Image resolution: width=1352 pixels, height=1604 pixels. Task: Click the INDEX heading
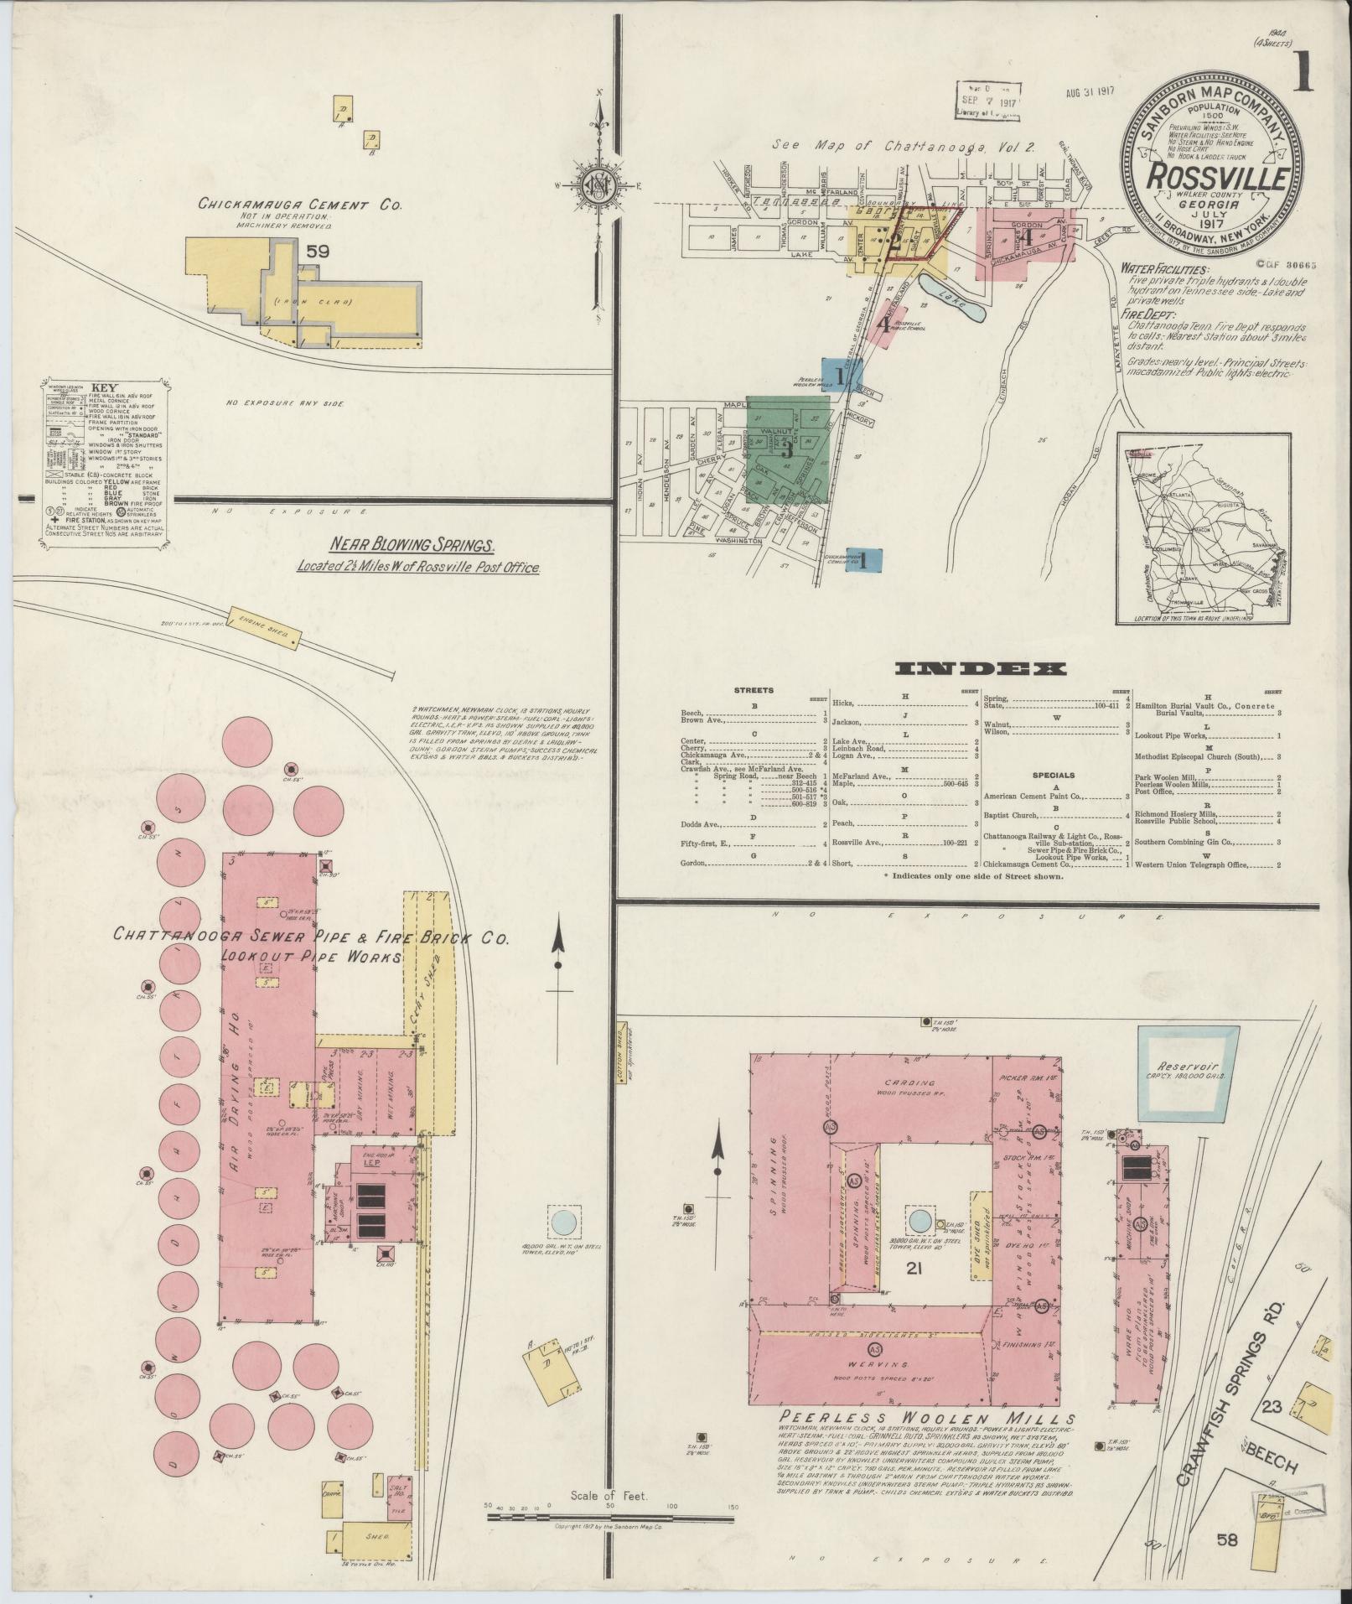(982, 669)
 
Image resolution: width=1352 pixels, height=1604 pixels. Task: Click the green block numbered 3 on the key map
(787, 449)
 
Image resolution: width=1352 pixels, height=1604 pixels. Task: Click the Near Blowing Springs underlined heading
(411, 542)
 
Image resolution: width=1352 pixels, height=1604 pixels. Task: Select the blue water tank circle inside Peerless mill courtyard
(919, 1219)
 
